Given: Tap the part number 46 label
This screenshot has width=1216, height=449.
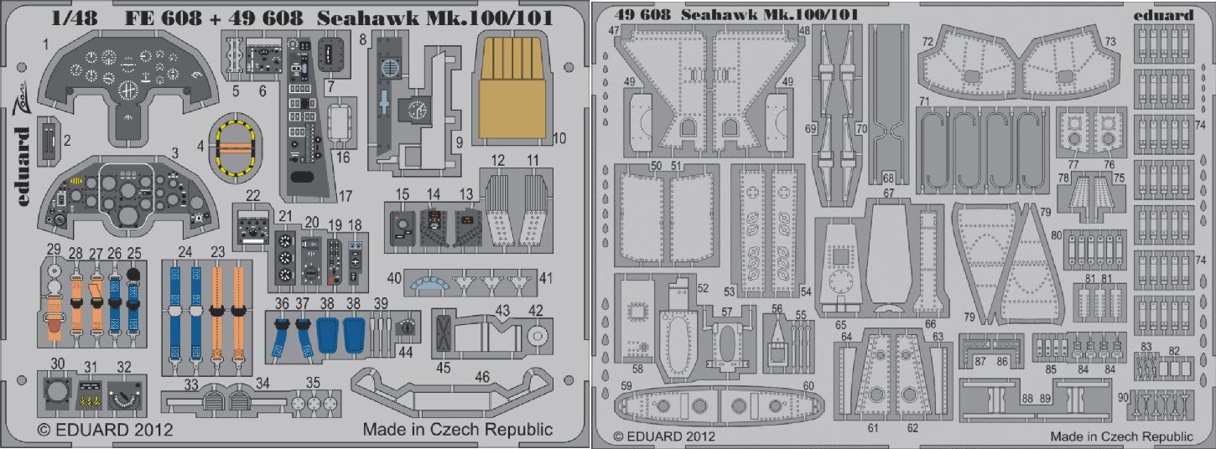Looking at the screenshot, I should [481, 378].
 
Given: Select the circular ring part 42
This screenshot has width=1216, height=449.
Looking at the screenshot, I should [537, 337].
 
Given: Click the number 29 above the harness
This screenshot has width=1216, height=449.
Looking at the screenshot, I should [54, 249].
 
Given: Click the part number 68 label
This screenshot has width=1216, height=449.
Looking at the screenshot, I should [888, 178].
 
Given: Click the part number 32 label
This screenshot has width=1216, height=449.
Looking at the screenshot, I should [125, 366].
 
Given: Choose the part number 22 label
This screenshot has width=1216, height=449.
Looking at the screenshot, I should [253, 196].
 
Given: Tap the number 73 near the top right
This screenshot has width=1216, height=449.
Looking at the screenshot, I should [1110, 40].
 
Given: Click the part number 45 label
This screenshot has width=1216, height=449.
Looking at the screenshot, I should [444, 366].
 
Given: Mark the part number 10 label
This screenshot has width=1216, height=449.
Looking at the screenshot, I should [559, 137].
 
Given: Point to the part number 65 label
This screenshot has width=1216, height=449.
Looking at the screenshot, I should [841, 323].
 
